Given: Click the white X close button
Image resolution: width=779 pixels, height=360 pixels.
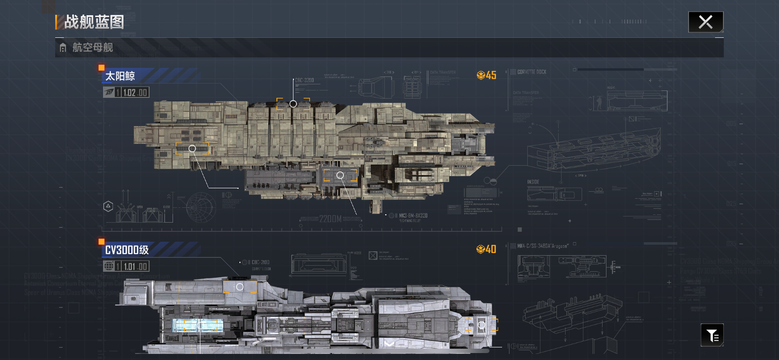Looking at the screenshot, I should tap(706, 22).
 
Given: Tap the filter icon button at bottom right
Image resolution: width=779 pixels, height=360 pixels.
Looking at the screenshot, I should tap(712, 335).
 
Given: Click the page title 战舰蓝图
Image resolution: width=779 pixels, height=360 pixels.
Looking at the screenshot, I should tap(94, 22).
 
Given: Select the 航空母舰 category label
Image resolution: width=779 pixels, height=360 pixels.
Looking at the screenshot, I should tap(93, 47).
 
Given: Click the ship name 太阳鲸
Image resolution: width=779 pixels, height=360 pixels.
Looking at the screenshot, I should tap(120, 76).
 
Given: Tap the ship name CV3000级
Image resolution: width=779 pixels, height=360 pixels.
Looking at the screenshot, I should tap(127, 250).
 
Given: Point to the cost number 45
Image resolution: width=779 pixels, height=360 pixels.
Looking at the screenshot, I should tap(491, 75).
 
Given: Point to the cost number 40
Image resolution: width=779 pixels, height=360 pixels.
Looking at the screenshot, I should tap(491, 249).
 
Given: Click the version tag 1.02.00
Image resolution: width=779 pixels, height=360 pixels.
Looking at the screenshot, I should tap(135, 93).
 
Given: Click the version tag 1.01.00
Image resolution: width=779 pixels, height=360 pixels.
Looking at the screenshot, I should tap(135, 267).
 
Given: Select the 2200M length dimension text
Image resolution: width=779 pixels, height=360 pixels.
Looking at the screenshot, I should tap(330, 219).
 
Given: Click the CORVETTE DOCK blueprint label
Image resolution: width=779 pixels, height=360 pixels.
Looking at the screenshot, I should tap(532, 72).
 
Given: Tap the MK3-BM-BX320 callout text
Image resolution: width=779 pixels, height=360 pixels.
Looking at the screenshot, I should tap(413, 216).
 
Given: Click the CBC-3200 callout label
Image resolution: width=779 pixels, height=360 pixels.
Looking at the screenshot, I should tap(304, 80).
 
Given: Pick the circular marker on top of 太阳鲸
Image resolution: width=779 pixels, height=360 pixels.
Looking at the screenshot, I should tap(293, 104).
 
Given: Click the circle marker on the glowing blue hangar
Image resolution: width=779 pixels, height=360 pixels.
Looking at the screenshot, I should tap(200, 325).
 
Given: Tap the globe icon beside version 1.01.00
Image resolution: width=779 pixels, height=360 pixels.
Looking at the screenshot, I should tap(109, 266).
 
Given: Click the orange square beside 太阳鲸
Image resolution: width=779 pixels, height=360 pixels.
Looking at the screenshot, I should tap(101, 67).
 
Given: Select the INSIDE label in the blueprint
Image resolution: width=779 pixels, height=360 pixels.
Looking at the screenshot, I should tap(533, 182).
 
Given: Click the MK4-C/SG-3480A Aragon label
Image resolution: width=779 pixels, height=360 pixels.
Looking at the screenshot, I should tap(543, 246).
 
